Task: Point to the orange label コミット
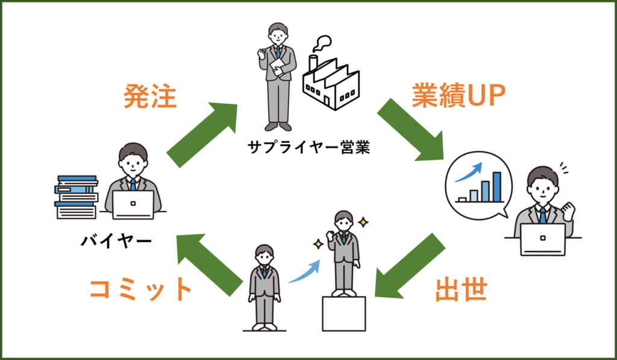pos(140,290)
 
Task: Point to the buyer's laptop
pos(133,204)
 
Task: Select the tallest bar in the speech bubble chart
pos(497,186)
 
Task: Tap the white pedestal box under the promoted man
pos(344,314)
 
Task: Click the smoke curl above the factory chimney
pos(322,43)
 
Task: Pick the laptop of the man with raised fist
pos(542,239)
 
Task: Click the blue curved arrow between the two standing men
pos(304,272)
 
